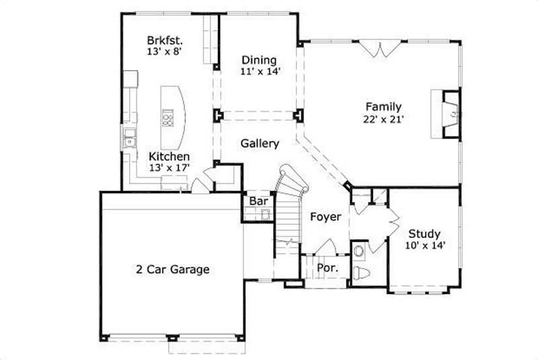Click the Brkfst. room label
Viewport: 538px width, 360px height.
[x=165, y=39]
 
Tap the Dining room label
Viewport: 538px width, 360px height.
[x=259, y=60]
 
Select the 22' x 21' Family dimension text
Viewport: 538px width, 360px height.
[x=383, y=118]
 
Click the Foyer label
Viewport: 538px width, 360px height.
[x=325, y=217]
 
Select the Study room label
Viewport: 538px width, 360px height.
[x=424, y=233]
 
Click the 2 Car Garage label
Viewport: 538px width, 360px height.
[x=172, y=269]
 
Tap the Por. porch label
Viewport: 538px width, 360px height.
[x=327, y=267]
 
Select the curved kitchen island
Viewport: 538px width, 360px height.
[x=172, y=118]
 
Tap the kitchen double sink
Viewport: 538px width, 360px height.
[x=128, y=141]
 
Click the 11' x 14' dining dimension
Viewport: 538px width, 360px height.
[x=259, y=71]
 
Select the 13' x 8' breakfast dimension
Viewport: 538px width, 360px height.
[x=165, y=50]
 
